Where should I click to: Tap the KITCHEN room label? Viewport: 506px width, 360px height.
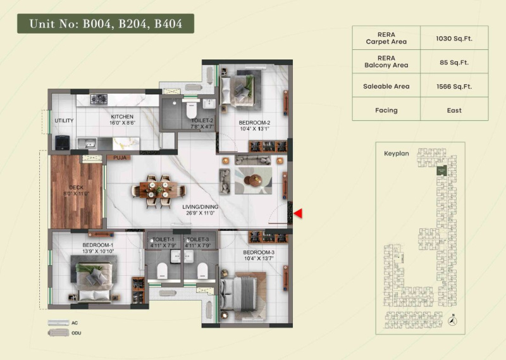click(x=122, y=117)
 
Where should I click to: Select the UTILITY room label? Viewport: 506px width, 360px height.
click(x=64, y=120)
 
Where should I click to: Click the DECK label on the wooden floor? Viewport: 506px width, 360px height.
click(x=77, y=187)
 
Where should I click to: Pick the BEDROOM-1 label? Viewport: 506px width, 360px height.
click(x=97, y=245)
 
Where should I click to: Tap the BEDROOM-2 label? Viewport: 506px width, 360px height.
click(x=254, y=123)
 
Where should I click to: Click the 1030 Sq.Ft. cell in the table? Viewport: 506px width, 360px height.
click(x=454, y=39)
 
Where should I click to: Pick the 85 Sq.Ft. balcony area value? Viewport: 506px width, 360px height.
click(x=454, y=62)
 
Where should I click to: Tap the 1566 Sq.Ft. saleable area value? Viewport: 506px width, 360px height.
click(x=454, y=86)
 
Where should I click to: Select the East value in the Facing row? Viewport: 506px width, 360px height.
click(x=454, y=110)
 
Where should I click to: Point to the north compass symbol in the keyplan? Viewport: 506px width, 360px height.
click(x=452, y=321)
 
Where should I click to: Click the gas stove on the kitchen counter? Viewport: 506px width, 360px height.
click(x=99, y=99)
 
